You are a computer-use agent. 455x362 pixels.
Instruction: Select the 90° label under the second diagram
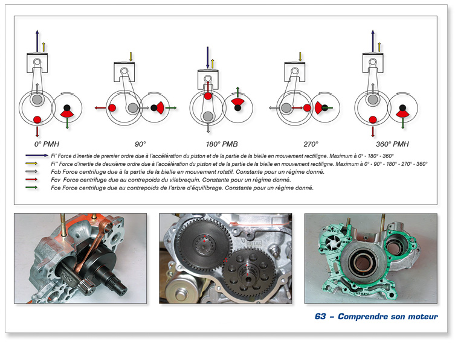(141, 144)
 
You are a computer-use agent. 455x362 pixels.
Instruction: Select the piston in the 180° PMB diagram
(208, 78)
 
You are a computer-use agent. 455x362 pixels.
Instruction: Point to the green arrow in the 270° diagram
(330, 107)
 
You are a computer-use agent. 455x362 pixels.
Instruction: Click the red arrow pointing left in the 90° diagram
(100, 108)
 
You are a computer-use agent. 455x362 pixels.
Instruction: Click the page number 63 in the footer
(320, 317)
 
